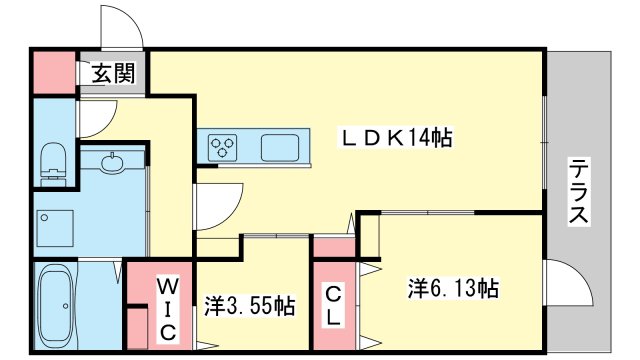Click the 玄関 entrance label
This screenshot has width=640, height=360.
click(113, 74)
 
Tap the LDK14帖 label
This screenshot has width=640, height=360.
click(397, 138)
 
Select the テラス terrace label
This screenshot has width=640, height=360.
click(580, 192)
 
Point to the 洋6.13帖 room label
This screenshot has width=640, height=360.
click(453, 289)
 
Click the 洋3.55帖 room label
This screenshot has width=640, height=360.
click(249, 306)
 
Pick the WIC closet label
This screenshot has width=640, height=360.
click(168, 309)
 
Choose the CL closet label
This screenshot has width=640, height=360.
click(334, 305)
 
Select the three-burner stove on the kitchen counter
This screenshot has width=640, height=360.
click(222, 147)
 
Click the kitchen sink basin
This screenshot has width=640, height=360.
click(280, 147)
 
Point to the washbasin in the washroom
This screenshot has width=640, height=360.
click(111, 163)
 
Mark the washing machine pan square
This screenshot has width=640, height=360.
click(55, 229)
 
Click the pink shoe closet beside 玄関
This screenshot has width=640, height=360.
click(54, 72)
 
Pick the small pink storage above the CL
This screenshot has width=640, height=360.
click(334, 247)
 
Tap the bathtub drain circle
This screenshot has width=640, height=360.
click(65, 306)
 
